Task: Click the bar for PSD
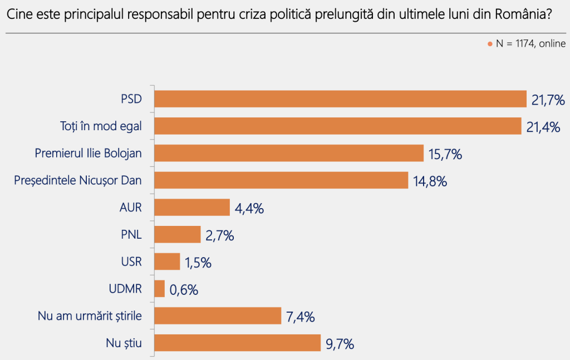click(x=340, y=99)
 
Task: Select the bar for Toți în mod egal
click(x=338, y=126)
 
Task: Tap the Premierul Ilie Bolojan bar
click(x=289, y=153)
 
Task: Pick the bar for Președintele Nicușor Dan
click(x=281, y=180)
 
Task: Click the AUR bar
click(x=192, y=207)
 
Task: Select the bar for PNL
click(x=178, y=234)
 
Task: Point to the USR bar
click(x=167, y=262)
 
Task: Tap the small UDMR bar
click(x=160, y=288)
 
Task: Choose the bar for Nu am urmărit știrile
click(x=218, y=315)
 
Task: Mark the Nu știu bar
click(x=237, y=343)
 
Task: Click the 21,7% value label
click(x=548, y=100)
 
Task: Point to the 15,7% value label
click(x=445, y=154)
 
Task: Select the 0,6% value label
click(x=184, y=290)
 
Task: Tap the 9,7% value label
click(x=340, y=344)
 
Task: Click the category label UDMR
click(x=125, y=289)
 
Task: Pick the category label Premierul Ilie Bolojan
click(x=89, y=154)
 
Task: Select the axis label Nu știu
click(x=124, y=343)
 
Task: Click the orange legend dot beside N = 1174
click(x=490, y=44)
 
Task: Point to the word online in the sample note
click(x=553, y=43)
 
